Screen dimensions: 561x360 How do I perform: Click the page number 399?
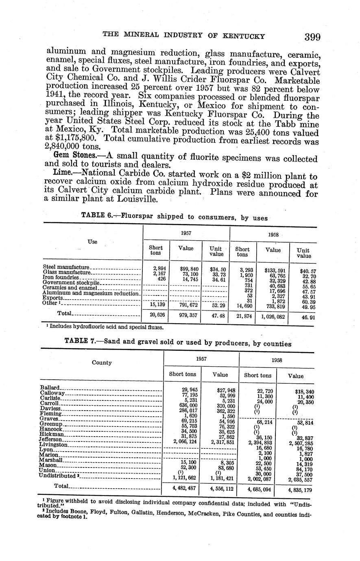click(312, 37)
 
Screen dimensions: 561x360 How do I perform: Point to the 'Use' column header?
click(92, 241)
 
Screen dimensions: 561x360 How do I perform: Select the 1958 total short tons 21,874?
click(242, 316)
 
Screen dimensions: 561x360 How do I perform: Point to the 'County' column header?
click(102, 362)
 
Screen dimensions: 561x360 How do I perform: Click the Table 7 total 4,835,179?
click(300, 490)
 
